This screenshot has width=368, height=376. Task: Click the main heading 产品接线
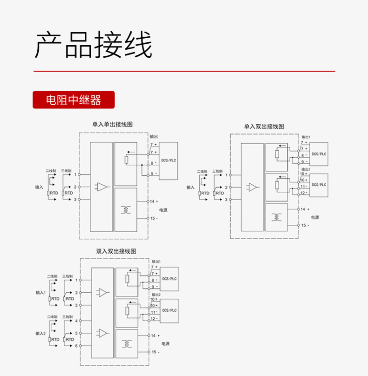coord(94,45)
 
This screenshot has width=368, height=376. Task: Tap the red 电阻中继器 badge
coord(73,100)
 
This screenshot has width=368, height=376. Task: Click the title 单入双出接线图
coord(264,126)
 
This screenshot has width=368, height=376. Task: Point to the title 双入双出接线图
coord(116,251)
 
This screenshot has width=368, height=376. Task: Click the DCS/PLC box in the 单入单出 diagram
coord(169,160)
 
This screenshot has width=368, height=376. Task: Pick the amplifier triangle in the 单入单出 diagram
coord(102,187)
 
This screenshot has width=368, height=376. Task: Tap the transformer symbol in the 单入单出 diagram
coord(126,209)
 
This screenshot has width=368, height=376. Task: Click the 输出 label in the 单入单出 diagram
coord(154,137)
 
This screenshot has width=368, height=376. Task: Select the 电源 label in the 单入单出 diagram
coord(163,210)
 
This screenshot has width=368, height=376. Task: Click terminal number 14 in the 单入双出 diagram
coord(303,209)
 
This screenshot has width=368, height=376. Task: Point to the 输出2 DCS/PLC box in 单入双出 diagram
coord(319,185)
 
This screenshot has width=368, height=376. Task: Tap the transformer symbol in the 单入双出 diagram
coord(276,217)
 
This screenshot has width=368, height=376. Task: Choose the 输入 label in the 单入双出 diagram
coord(191,187)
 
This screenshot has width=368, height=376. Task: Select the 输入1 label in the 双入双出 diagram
coord(41,293)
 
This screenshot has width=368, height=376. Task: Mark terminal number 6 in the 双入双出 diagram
coord(76,346)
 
